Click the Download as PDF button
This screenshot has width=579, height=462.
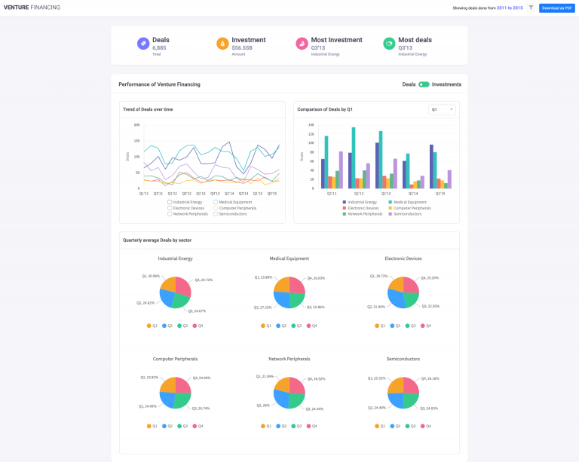click(x=557, y=8)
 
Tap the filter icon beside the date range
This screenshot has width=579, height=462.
click(x=531, y=8)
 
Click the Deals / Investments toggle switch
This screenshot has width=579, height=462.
click(x=424, y=84)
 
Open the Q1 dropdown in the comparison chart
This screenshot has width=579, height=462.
click(x=442, y=109)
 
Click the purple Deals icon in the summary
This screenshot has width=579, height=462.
click(x=142, y=44)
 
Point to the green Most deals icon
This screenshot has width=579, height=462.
click(x=389, y=44)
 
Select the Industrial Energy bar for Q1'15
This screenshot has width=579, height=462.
click(x=431, y=167)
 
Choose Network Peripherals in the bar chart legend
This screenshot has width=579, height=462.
click(x=363, y=214)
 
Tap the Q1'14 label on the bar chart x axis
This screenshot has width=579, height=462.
click(x=412, y=194)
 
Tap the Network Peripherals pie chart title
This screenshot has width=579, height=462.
click(x=289, y=359)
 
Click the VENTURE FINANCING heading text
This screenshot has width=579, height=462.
click(x=32, y=8)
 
